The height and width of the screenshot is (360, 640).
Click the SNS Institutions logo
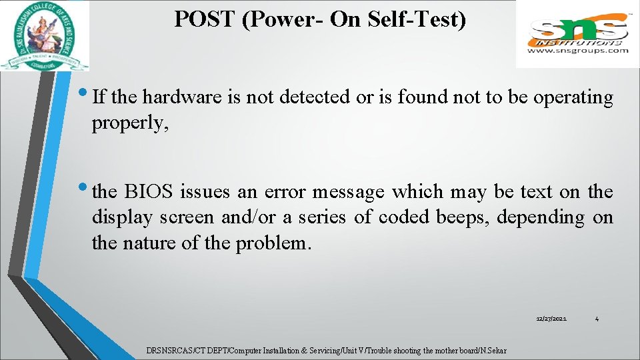[x=578, y=29]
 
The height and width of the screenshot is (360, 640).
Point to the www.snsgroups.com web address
[x=578, y=50]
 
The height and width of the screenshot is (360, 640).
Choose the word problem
[x=273, y=243]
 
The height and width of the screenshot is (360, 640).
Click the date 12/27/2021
[x=551, y=320]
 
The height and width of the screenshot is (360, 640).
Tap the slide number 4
[x=597, y=320]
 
